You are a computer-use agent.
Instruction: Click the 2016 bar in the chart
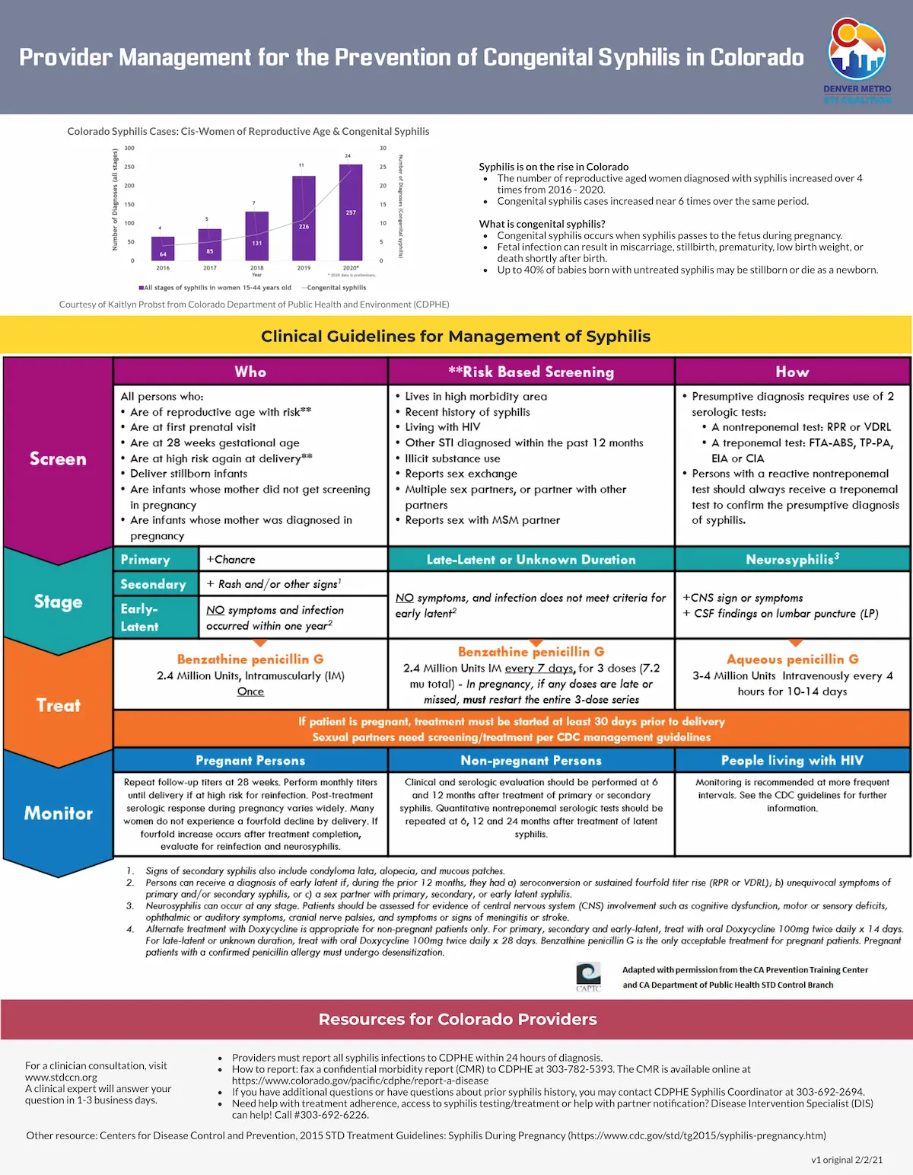point(163,248)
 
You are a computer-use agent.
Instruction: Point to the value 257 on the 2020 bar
point(351,212)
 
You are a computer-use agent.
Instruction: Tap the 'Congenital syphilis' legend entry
point(335,288)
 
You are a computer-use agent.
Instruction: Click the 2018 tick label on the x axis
point(257,268)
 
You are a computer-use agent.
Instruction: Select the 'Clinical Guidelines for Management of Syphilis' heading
point(456,336)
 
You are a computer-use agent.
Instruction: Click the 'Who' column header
point(250,372)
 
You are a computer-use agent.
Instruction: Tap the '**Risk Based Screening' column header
point(531,372)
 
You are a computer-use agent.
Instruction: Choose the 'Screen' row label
point(58,458)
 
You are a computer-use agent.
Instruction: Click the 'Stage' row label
point(58,602)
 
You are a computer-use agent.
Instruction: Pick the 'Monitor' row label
point(58,813)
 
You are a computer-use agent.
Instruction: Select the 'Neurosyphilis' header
point(792,559)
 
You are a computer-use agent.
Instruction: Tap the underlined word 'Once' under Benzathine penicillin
point(250,691)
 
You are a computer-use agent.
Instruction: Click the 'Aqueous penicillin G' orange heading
point(792,659)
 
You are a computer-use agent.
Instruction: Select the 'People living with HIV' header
point(792,760)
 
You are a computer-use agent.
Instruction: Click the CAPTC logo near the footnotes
point(588,975)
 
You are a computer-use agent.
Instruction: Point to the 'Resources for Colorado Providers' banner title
point(457,1019)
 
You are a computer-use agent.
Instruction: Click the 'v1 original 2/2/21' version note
point(846,1160)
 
